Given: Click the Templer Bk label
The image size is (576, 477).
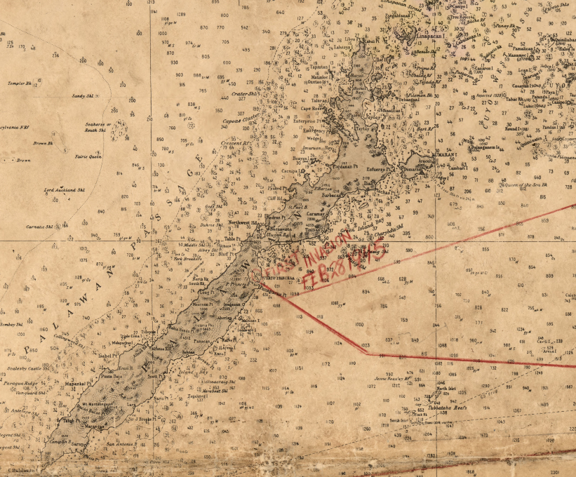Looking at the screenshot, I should click(20, 83).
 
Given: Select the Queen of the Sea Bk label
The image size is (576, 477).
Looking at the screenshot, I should click(523, 184).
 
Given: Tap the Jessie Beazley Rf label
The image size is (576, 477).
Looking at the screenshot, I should click(391, 377).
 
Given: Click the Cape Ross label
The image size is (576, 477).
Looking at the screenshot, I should click(312, 108).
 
